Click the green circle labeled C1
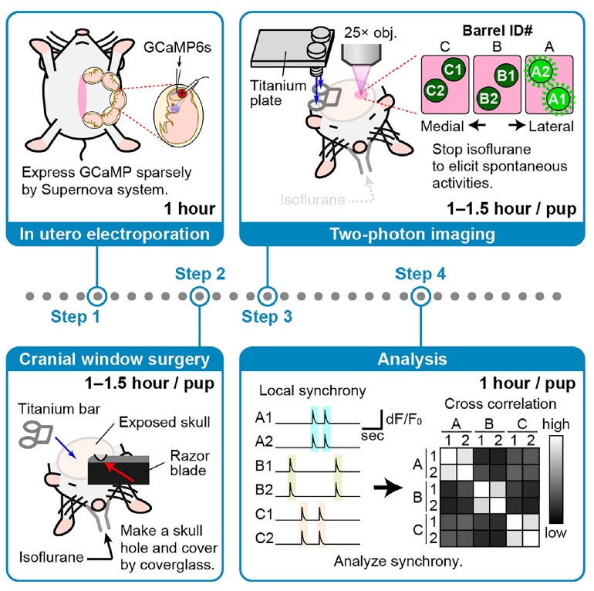[453, 69]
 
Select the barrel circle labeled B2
[488, 99]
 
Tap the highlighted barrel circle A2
[540, 71]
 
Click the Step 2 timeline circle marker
[200, 296]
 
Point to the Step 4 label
[420, 274]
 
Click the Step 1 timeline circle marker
[97, 296]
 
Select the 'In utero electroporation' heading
[114, 234]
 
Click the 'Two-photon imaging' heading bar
[413, 234]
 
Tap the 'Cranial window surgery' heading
[114, 359]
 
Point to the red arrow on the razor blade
[120, 472]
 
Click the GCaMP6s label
[177, 47]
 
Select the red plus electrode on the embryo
[182, 93]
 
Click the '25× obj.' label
[370, 33]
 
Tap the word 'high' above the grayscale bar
[555, 424]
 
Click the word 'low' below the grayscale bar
[555, 532]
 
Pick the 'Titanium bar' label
[59, 409]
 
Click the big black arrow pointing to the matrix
[388, 488]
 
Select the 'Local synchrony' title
[312, 390]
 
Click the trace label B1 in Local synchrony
[264, 465]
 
